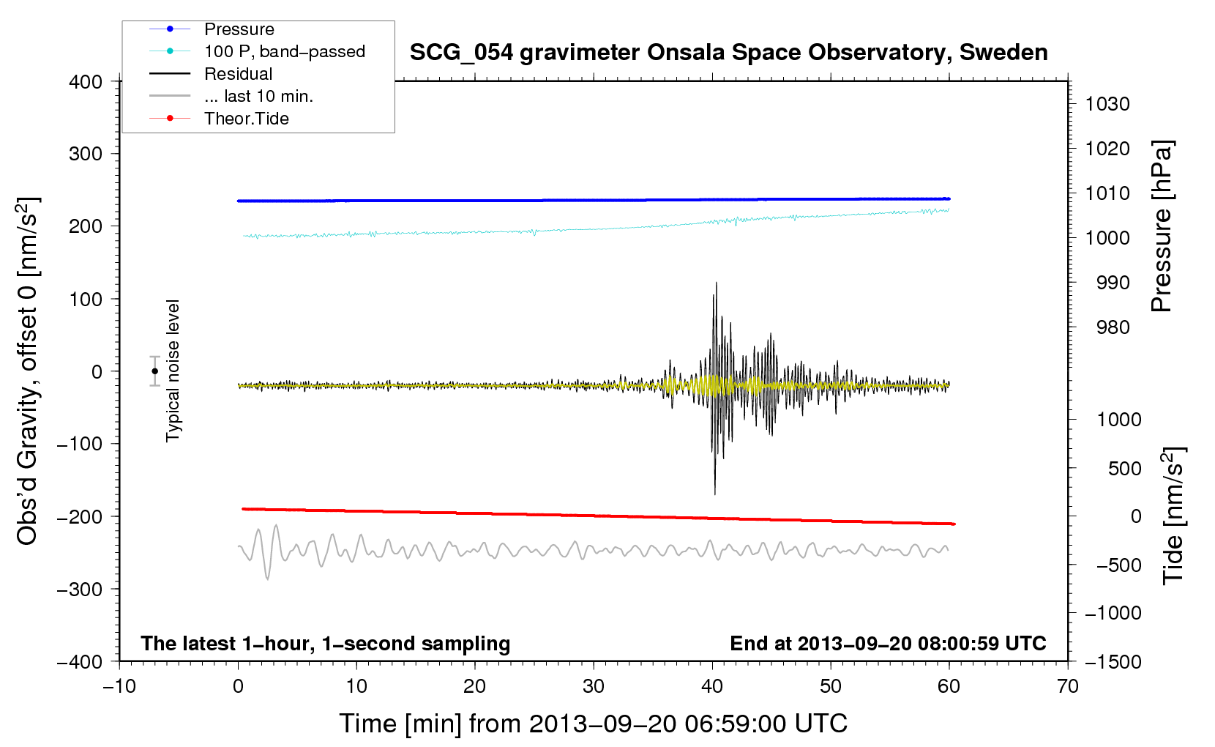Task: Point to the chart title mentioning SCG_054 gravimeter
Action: [728, 52]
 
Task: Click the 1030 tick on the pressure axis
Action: [1107, 104]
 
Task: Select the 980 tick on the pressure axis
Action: [1113, 327]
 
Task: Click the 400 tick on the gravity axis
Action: [86, 82]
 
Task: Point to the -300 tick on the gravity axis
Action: [80, 590]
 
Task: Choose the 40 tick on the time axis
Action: [712, 687]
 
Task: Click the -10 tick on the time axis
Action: [119, 687]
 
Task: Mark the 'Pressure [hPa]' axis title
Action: [1162, 226]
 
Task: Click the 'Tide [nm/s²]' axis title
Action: [1174, 516]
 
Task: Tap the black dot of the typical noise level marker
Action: [154, 371]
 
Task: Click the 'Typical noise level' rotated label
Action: [173, 371]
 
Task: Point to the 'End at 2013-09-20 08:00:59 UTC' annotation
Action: [888, 643]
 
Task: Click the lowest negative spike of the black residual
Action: [715, 494]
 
